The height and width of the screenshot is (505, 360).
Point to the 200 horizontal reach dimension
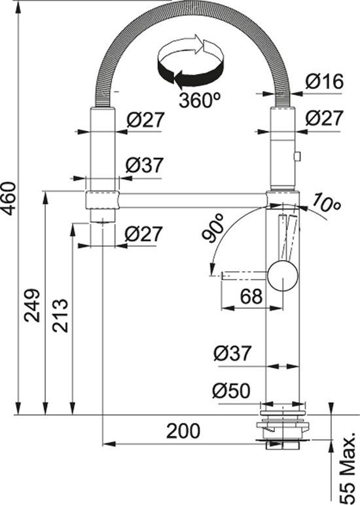[x=183, y=431]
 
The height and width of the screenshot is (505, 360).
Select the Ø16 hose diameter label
[x=325, y=82]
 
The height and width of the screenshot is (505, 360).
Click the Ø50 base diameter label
[x=231, y=391]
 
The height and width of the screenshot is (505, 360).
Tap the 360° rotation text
[x=199, y=100]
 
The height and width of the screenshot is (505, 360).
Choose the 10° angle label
[x=327, y=204]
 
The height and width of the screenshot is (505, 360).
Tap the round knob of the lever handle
[x=282, y=274]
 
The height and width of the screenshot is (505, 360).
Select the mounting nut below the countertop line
[x=283, y=429]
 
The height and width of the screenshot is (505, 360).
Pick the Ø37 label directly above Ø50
[x=232, y=354]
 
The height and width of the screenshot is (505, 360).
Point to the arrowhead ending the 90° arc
[x=211, y=270]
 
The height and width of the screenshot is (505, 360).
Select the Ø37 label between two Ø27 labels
[x=143, y=166]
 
